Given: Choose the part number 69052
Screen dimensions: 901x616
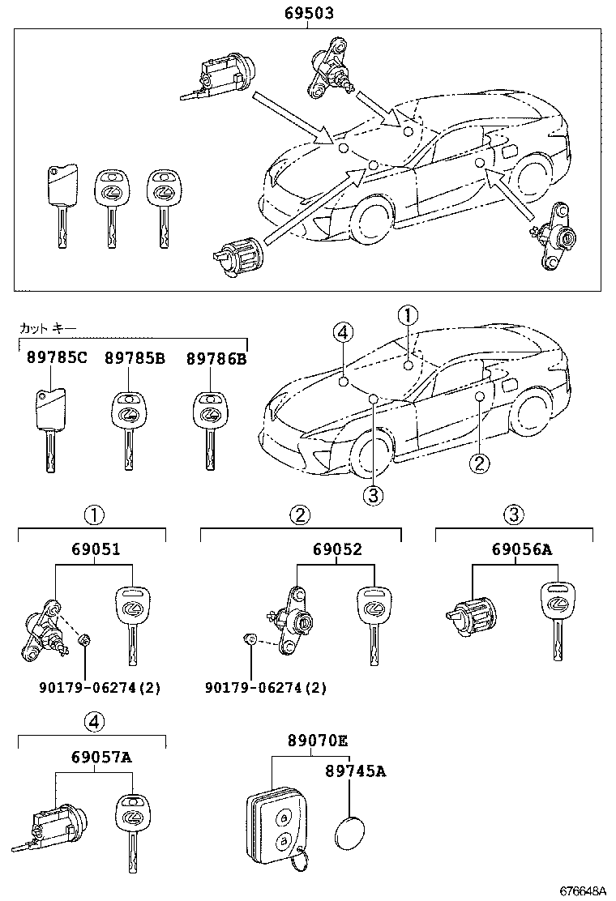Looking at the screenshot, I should tap(337, 549).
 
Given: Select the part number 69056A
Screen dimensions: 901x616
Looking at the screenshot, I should tap(522, 549).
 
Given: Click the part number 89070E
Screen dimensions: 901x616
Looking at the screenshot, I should tap(317, 741).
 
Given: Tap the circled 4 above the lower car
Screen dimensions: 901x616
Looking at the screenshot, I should tap(344, 331).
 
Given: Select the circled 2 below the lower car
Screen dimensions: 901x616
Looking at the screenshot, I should tap(480, 463).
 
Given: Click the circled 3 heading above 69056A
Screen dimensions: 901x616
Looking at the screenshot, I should tap(514, 514).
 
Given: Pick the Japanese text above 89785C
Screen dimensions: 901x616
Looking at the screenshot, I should tap(48, 328).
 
